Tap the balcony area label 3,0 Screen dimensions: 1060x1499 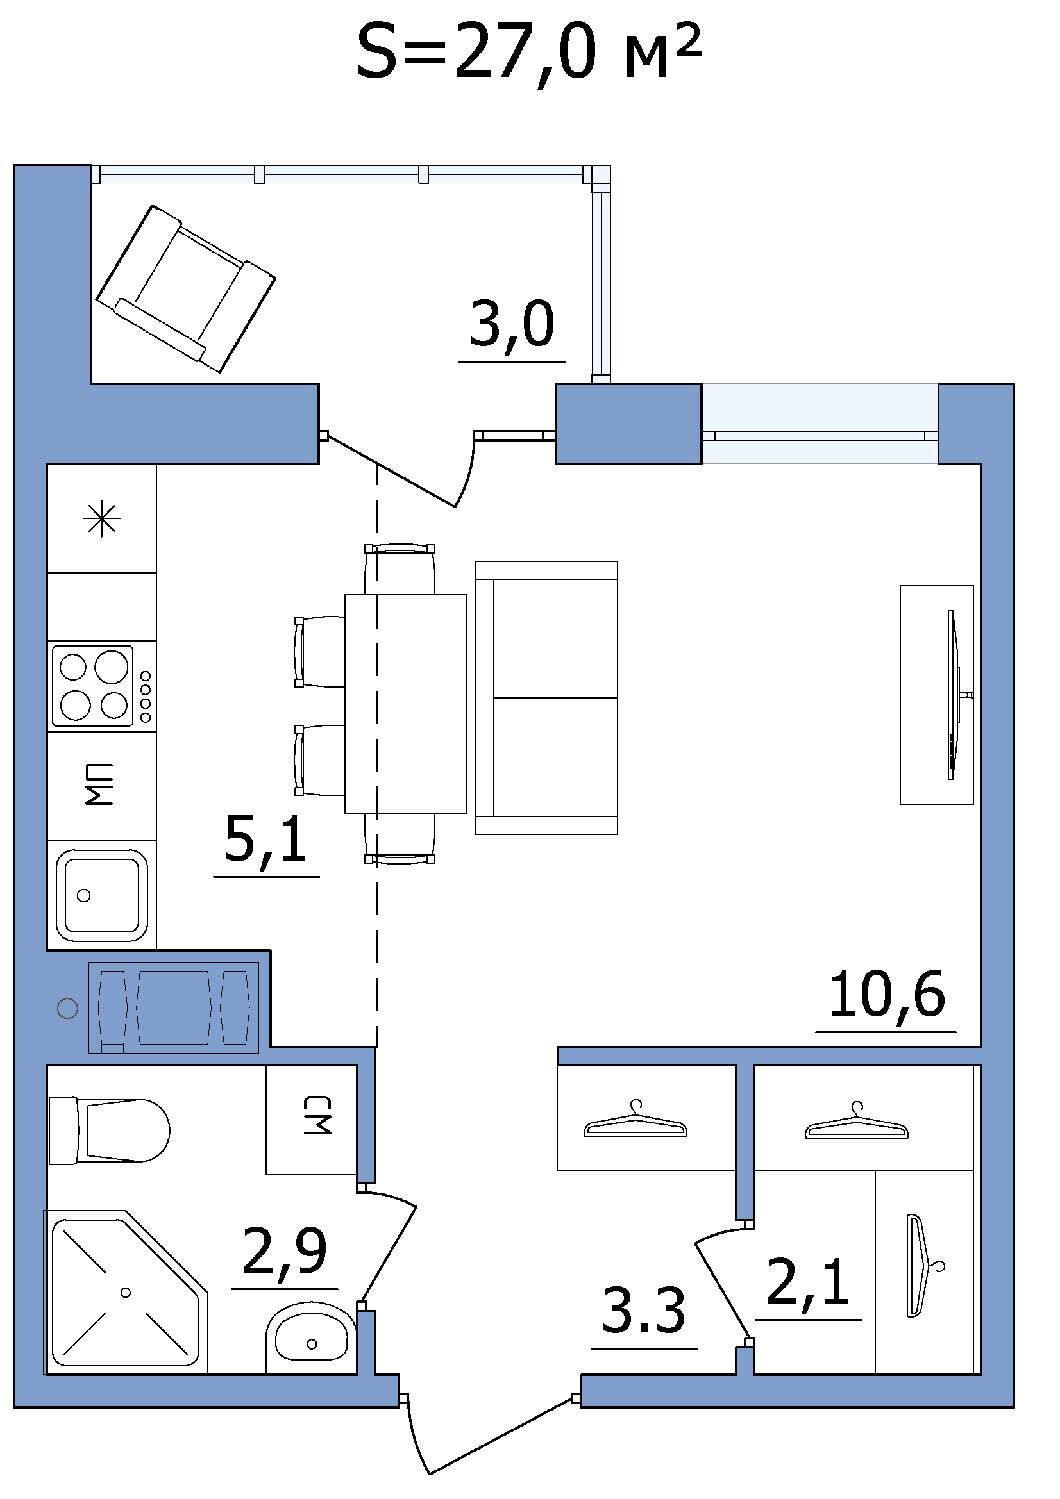pyautogui.click(x=512, y=324)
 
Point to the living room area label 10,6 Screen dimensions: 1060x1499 pyautogui.click(x=887, y=997)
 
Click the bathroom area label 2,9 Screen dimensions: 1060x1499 pyautogui.click(x=285, y=1252)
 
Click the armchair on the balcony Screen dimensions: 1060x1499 pyautogui.click(x=185, y=288)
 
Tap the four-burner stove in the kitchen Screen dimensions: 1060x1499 pyautogui.click(x=102, y=686)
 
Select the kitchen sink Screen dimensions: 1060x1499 pyautogui.click(x=102, y=895)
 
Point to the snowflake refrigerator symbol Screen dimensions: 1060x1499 pyautogui.click(x=102, y=520)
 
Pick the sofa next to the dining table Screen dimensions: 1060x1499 pyautogui.click(x=546, y=698)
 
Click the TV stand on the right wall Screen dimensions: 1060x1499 pyautogui.click(x=937, y=695)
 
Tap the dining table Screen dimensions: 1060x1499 pyautogui.click(x=405, y=704)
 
